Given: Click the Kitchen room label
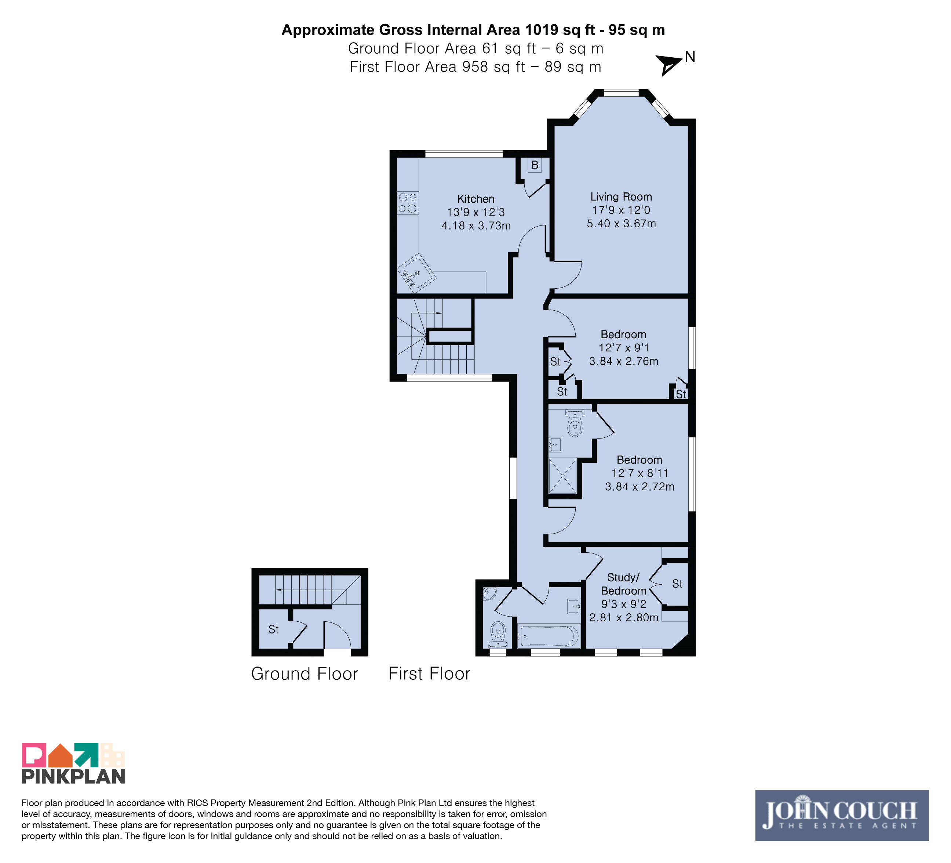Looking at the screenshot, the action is click(475, 199).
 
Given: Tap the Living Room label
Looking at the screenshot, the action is click(621, 197).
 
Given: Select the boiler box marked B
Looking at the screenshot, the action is click(535, 165).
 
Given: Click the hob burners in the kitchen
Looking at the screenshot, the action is click(408, 203).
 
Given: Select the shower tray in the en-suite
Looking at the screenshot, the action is click(562, 476).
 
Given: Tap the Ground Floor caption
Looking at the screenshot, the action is click(305, 674).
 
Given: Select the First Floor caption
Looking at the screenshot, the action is click(429, 674).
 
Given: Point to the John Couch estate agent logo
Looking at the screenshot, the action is click(842, 815).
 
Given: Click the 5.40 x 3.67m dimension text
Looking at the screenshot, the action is click(621, 223).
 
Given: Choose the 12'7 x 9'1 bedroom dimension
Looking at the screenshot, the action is click(624, 348).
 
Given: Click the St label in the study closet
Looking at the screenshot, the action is click(677, 584).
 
